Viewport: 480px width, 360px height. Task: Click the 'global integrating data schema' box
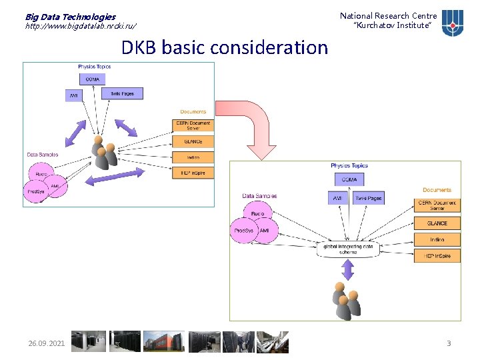[x=348, y=249]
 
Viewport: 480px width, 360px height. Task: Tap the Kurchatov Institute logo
[x=453, y=21]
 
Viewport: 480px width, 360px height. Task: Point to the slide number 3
[x=449, y=343]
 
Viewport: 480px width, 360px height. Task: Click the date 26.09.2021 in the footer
[x=47, y=343]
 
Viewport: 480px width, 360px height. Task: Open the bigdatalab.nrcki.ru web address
[x=81, y=26]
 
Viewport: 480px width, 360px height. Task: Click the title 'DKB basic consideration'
[x=225, y=48]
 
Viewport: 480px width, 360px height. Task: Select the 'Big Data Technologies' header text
[x=70, y=17]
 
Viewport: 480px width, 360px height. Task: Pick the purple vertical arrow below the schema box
[x=347, y=269]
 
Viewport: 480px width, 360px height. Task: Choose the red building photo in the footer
[x=163, y=341]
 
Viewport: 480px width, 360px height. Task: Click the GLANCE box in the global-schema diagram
[x=437, y=223]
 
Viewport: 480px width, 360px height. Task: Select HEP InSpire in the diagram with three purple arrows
[x=193, y=173]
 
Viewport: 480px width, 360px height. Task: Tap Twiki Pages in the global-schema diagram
[x=368, y=199]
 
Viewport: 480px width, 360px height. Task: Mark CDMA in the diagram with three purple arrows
[x=92, y=79]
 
